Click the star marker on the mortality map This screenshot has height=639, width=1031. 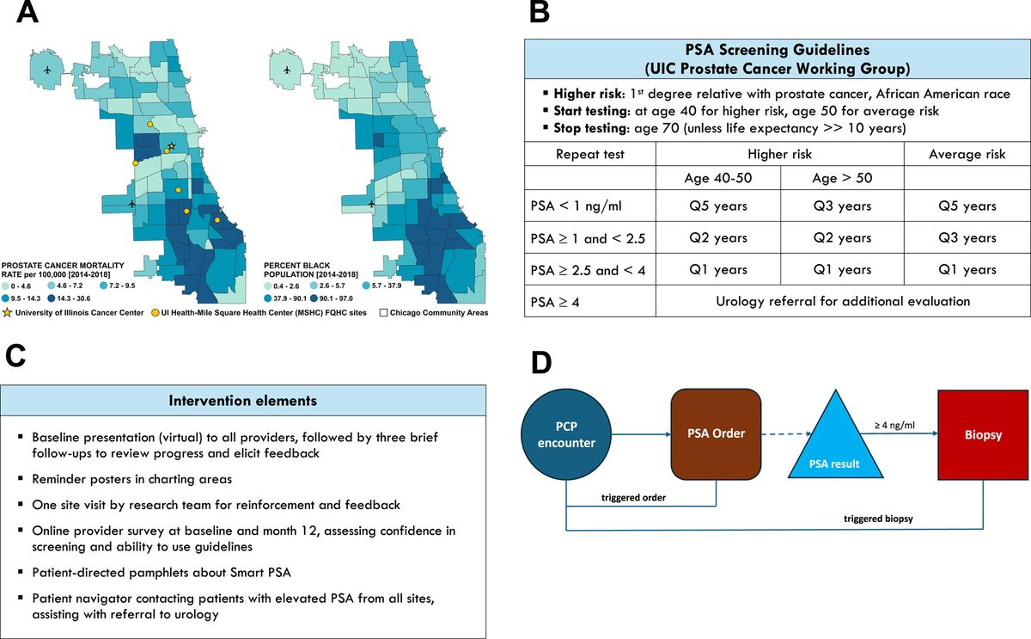172,146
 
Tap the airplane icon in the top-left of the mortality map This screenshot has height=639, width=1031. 47,70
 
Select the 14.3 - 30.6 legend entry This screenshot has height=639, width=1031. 69,298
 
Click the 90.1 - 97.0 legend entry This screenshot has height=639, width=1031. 332,298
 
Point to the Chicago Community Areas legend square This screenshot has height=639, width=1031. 383,313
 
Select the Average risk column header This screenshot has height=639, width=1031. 967,154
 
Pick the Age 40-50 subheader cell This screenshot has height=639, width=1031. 718,178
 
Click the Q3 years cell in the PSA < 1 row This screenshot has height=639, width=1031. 842,206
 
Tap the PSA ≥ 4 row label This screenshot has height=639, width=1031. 555,302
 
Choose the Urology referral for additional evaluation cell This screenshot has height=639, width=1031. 843,301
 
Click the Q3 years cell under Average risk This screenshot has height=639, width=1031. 967,237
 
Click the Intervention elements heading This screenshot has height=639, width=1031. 243,401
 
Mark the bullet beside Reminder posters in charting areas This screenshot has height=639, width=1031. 21,478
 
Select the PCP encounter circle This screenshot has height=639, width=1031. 566,434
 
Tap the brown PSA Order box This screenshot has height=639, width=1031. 716,434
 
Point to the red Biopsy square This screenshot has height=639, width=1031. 983,435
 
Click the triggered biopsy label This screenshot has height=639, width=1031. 878,519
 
